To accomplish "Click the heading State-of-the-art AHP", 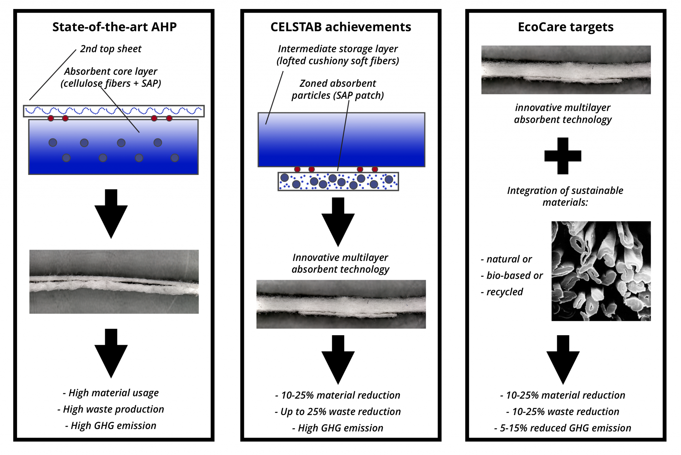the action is [x=114, y=27].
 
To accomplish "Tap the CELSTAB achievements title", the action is [x=341, y=27].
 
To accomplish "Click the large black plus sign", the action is [x=563, y=156].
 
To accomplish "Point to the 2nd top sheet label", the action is [x=111, y=49].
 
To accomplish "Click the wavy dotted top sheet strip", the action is [x=114, y=111].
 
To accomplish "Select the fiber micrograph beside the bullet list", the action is [x=601, y=271].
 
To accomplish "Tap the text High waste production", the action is [x=111, y=409].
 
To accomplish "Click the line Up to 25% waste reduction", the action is [x=338, y=412].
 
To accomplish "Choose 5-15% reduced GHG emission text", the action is [x=563, y=428].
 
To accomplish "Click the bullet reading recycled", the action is [x=502, y=292].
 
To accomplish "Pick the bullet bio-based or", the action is [x=512, y=275].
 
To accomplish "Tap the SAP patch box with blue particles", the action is [x=338, y=181].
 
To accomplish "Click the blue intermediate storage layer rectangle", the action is [x=341, y=140].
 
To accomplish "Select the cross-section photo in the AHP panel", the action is [x=114, y=282].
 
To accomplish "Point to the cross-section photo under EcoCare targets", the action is [x=566, y=70].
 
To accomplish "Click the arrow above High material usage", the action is [x=111, y=353].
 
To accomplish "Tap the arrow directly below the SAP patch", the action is [x=338, y=222].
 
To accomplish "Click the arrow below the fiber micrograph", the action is [x=563, y=360].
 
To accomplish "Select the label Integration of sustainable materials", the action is [x=565, y=196].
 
